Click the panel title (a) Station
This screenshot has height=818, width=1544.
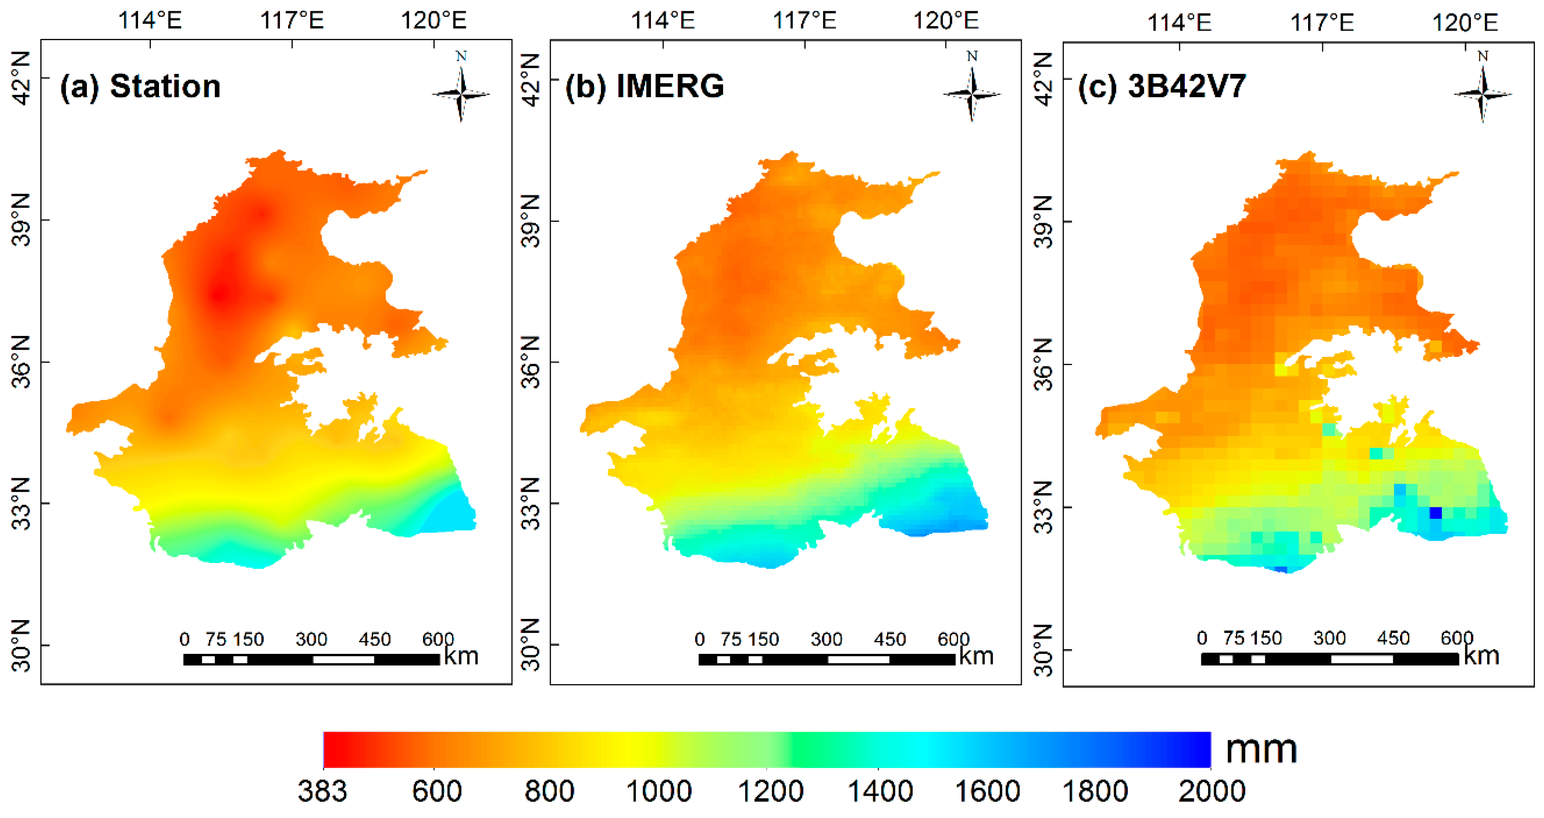tap(140, 86)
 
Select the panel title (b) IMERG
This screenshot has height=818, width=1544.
tap(645, 86)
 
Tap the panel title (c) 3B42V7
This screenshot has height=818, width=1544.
tap(1162, 86)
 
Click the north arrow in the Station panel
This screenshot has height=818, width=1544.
tap(461, 93)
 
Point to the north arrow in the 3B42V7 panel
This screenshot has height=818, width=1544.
tap(1483, 93)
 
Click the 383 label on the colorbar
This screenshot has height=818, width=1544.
tap(323, 792)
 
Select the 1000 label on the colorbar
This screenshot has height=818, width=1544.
tap(659, 792)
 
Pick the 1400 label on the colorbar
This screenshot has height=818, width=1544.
tap(879, 792)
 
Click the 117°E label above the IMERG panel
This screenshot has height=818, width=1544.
tap(804, 21)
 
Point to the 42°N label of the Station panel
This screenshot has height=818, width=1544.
tap(21, 78)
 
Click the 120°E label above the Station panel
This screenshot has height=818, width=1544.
tap(433, 21)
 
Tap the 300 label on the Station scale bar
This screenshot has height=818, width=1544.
tap(311, 639)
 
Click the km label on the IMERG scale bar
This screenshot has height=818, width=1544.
tap(976, 656)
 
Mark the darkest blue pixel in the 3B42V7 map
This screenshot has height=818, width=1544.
tap(1435, 513)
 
